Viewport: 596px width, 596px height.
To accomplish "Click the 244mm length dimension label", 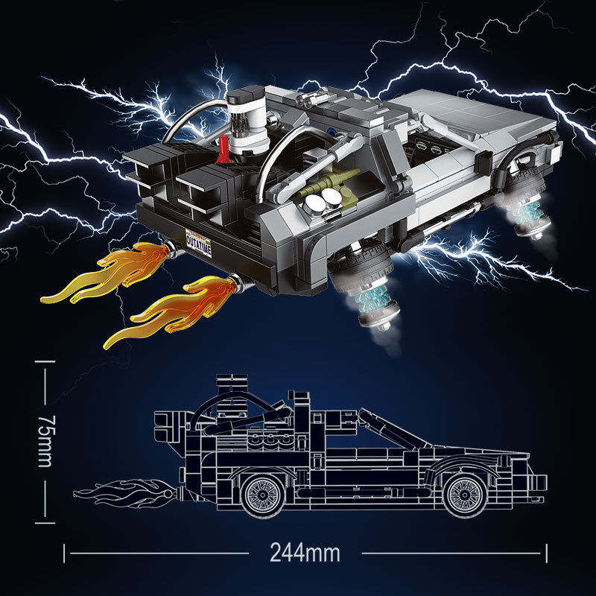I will [x=305, y=554].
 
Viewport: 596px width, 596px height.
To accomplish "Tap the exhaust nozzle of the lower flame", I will [x=238, y=282].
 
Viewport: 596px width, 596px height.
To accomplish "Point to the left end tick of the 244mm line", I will [x=65, y=554].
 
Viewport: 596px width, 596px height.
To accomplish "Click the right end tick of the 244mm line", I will [x=547, y=554].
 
